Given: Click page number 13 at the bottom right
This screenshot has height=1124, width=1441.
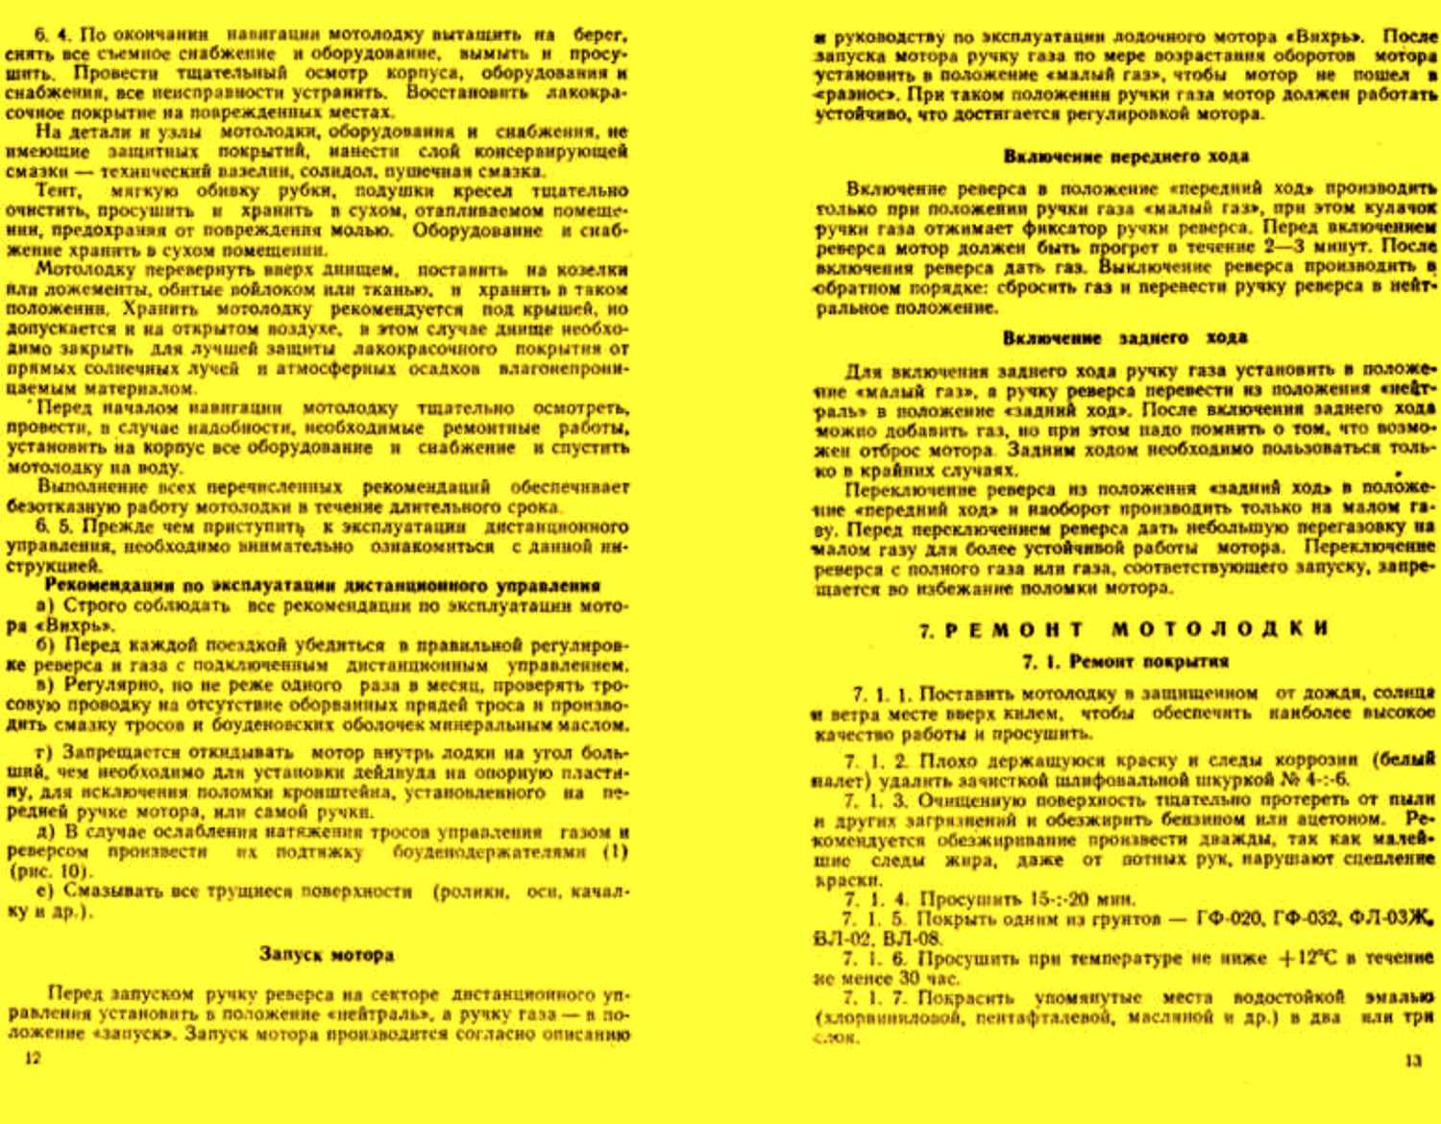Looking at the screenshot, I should (1412, 1061).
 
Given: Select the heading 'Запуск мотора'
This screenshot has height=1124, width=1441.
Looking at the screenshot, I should (327, 954).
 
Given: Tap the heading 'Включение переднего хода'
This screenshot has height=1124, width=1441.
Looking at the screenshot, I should (1126, 156).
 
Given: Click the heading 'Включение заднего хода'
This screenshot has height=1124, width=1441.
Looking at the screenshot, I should (1125, 337).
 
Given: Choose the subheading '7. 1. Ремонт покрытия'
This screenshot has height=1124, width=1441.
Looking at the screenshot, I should (1125, 661).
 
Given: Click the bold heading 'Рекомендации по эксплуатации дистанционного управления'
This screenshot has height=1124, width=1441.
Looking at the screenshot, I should (323, 585).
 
